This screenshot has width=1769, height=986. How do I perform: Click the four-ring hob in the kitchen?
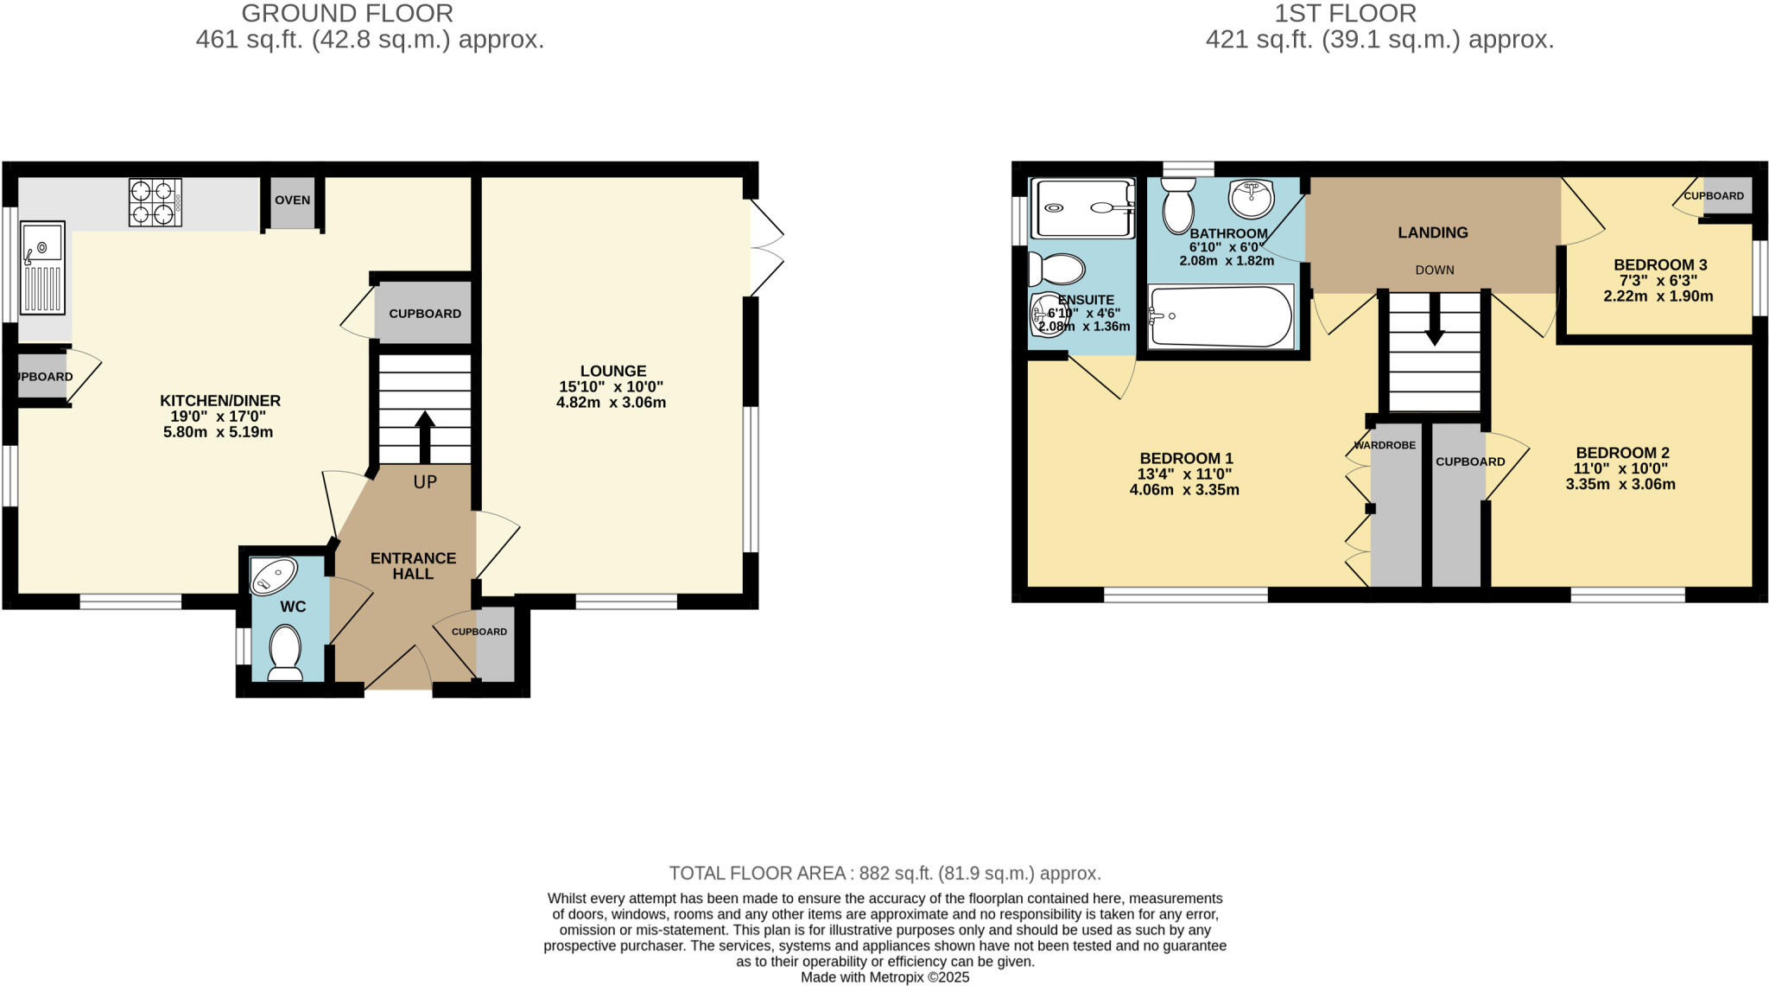tap(155, 202)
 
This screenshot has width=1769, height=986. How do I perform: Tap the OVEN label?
tap(292, 200)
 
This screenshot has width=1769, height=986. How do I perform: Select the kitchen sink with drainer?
tap(42, 267)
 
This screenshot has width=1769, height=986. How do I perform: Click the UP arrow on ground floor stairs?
tap(424, 436)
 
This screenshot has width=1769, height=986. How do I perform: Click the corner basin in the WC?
tap(273, 576)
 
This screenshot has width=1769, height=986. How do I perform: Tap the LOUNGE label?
tap(612, 371)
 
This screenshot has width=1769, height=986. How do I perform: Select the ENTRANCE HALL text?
tap(413, 566)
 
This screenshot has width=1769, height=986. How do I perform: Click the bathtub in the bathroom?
tap(1221, 317)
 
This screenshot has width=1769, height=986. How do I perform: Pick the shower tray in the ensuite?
tap(1084, 207)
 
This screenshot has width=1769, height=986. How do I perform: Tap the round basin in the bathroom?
tap(1252, 199)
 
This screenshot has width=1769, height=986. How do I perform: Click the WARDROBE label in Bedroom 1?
tap(1385, 445)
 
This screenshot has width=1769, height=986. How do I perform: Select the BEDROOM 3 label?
tap(1660, 265)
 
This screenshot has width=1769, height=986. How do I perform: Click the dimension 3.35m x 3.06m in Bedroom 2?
tap(1620, 485)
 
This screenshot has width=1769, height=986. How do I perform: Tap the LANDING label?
tap(1433, 232)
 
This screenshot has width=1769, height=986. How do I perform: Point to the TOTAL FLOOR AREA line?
tap(884, 873)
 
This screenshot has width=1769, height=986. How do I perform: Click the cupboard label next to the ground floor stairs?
tap(424, 314)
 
